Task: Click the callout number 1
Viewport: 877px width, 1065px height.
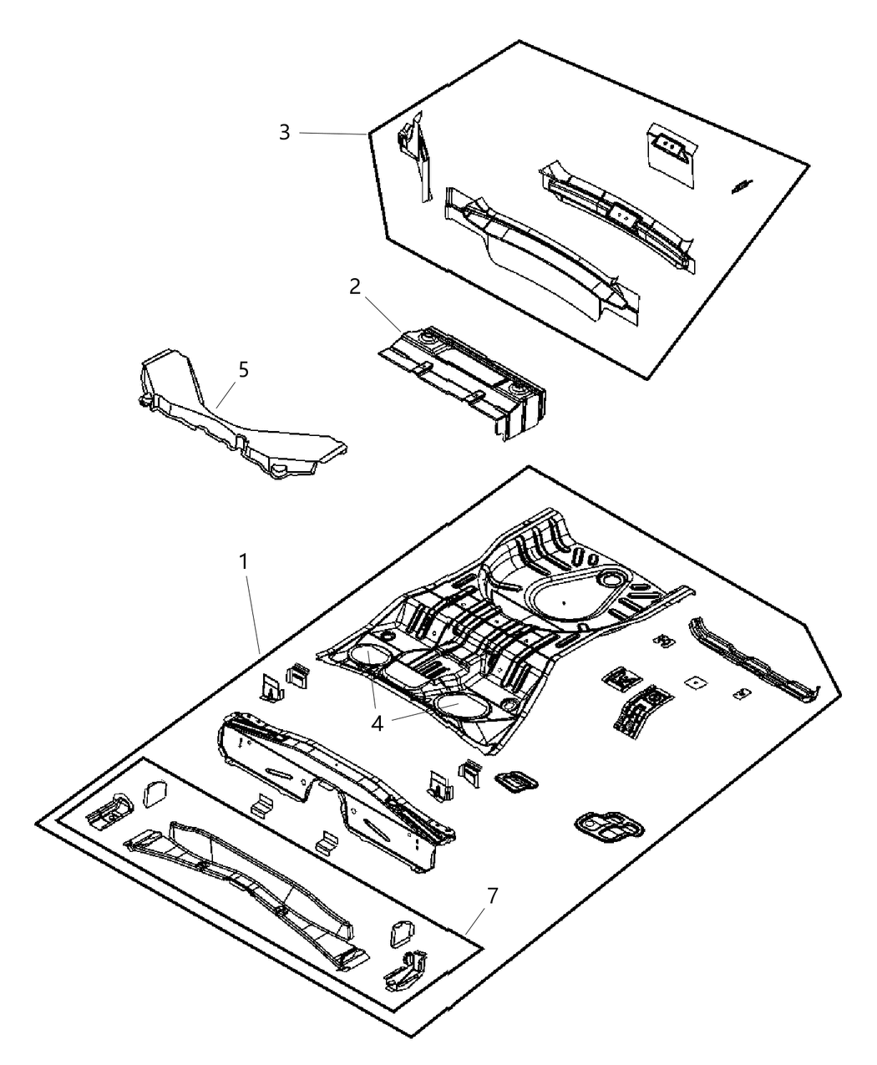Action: click(243, 562)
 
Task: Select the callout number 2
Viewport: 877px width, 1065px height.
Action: click(355, 287)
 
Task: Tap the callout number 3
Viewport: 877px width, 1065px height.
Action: click(285, 132)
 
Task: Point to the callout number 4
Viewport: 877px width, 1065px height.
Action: click(377, 723)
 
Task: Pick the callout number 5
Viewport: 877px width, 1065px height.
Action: click(243, 370)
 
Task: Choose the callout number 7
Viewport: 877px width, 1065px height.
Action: click(492, 895)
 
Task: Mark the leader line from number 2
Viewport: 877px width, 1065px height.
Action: click(383, 315)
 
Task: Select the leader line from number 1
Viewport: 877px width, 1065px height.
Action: click(254, 615)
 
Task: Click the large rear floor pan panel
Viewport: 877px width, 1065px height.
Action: click(505, 630)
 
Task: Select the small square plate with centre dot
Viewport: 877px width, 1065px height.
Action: click(696, 682)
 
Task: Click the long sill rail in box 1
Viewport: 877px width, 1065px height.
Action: click(755, 660)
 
